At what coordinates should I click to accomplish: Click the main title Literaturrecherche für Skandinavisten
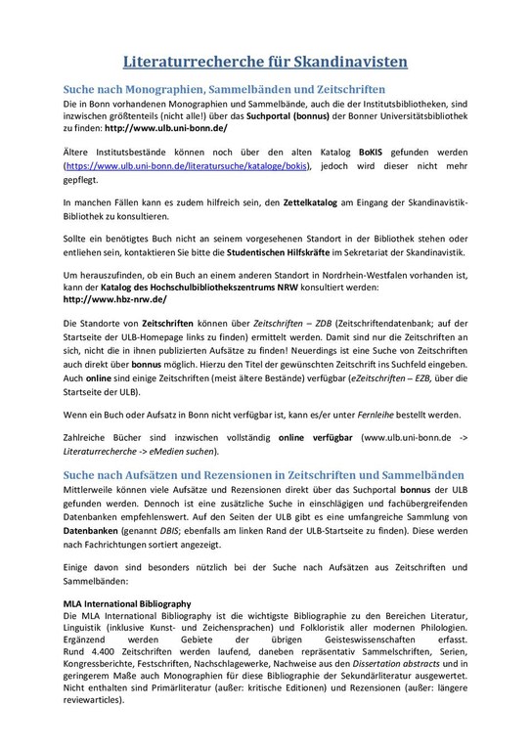[265, 64]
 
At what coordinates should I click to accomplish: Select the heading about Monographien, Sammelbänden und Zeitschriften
[225, 89]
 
